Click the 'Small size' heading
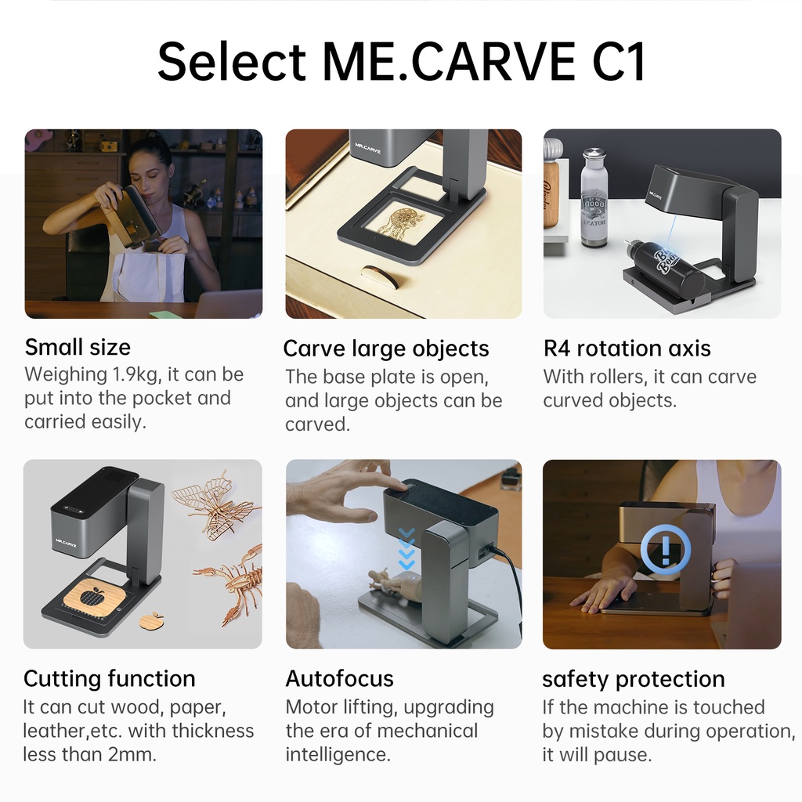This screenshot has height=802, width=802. click(x=78, y=347)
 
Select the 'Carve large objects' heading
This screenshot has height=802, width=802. click(x=386, y=349)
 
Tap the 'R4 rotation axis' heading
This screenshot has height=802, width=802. click(x=627, y=349)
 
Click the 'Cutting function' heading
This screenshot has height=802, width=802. click(x=110, y=679)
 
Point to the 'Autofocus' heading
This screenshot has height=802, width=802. click(x=340, y=679)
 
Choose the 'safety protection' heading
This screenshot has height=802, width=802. click(x=634, y=679)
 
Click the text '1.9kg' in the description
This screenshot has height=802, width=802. click(x=136, y=374)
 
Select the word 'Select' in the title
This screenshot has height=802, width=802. click(x=232, y=62)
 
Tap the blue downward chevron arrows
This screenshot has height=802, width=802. click(x=406, y=549)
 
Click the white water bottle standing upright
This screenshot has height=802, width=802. click(x=594, y=197)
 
